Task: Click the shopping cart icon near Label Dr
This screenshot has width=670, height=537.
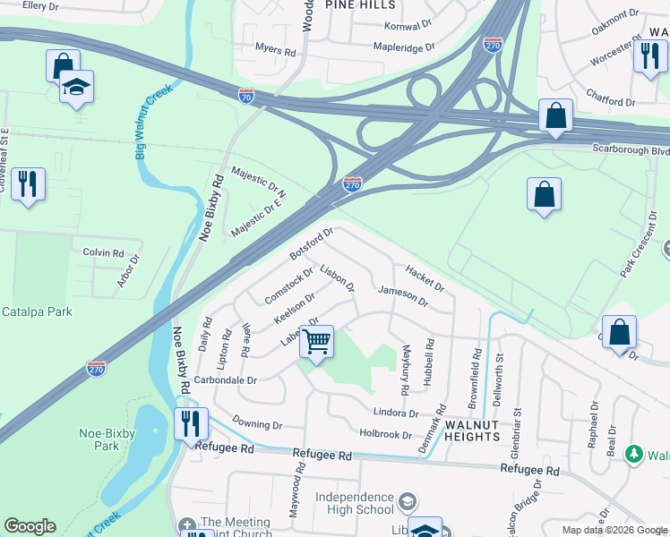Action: click(316, 341)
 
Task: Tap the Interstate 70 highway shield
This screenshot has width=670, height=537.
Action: click(247, 94)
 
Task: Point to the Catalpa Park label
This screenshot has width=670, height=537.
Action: click(37, 311)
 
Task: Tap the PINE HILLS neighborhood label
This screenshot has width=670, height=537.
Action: click(361, 5)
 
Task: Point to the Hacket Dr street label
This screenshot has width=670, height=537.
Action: click(425, 277)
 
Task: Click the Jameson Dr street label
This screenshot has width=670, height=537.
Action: click(403, 294)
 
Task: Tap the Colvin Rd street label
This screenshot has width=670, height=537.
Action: click(103, 252)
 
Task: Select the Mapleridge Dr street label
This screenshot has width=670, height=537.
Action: click(403, 47)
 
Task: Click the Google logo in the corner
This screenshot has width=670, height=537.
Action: click(30, 526)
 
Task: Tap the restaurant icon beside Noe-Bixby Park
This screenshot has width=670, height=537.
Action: click(191, 422)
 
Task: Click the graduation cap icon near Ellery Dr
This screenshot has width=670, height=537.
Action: click(77, 87)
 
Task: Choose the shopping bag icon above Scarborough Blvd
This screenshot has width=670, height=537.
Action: click(555, 115)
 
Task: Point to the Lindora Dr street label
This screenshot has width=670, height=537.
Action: click(394, 413)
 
